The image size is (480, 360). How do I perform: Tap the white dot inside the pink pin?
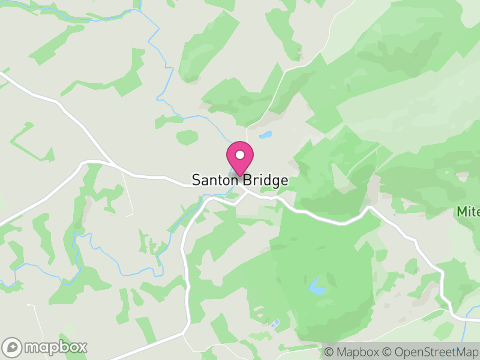(x=240, y=155)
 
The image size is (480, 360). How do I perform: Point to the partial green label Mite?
(x=468, y=212)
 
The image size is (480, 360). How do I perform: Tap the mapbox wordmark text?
(x=55, y=347)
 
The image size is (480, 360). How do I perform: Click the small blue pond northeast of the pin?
(x=265, y=134)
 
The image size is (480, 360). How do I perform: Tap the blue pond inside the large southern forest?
(x=316, y=287)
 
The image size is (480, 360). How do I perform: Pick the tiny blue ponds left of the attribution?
(x=275, y=324)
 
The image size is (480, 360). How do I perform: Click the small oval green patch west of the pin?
(x=187, y=137)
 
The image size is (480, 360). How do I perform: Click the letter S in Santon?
(x=196, y=180)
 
